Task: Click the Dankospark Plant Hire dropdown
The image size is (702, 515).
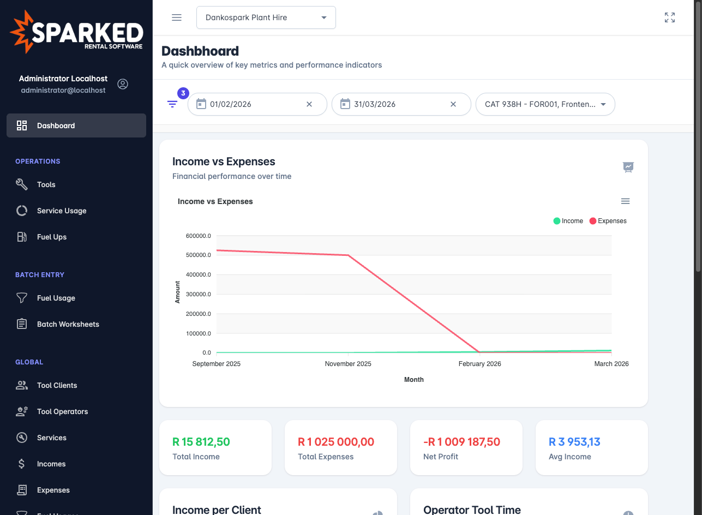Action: (x=266, y=17)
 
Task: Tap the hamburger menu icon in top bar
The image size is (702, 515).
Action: (x=177, y=17)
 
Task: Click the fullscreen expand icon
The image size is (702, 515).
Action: (x=670, y=17)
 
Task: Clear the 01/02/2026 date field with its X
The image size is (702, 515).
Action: (x=309, y=104)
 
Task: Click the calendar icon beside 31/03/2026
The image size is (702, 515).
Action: (x=345, y=104)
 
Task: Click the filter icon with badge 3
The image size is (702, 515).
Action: (x=172, y=104)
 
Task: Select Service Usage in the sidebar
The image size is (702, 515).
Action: (x=62, y=211)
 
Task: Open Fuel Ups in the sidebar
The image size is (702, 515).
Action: (x=52, y=237)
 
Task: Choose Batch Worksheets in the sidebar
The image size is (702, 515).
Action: (x=68, y=324)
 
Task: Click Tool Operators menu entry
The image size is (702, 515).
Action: (x=62, y=411)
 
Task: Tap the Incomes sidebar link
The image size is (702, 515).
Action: (x=51, y=464)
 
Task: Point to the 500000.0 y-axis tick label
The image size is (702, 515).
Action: (x=199, y=255)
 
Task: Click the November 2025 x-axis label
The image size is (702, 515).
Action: (x=348, y=364)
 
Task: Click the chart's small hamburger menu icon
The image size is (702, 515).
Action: (x=626, y=201)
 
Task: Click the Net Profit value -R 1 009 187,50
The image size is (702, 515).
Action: (x=461, y=442)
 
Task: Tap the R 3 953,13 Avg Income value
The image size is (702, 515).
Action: (x=574, y=442)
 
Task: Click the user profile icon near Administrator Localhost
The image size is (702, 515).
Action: (x=123, y=84)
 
